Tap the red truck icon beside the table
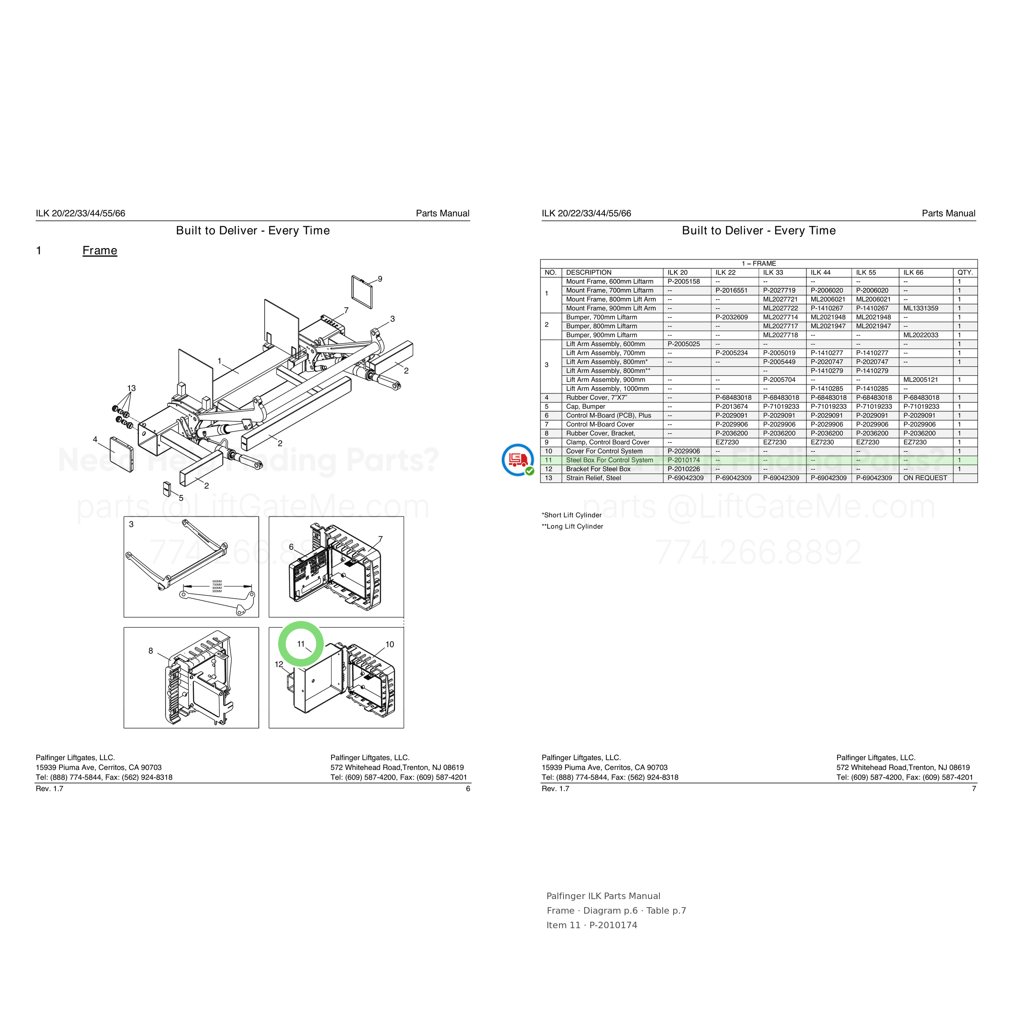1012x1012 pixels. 517,459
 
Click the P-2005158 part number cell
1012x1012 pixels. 684,281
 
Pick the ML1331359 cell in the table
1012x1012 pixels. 921,308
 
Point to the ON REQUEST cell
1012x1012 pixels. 925,478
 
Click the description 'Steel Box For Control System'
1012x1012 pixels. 610,460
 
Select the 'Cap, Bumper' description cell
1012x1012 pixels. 586,406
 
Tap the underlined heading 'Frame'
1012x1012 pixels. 100,251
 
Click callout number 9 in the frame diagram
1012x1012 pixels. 380,279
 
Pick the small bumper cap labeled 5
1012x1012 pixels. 166,489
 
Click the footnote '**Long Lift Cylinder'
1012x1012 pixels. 572,526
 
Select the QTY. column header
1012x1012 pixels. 965,272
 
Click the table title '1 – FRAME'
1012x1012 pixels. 759,264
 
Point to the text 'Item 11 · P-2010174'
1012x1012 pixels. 592,925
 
